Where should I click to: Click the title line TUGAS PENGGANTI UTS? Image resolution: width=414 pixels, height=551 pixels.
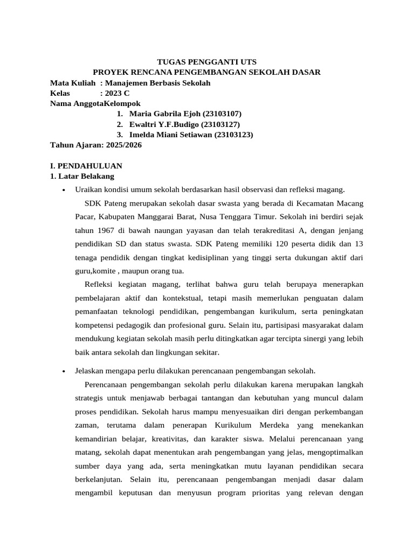206,62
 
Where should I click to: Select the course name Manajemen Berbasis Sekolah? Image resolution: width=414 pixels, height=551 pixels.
158,83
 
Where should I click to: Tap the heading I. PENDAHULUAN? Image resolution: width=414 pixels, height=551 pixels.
86,166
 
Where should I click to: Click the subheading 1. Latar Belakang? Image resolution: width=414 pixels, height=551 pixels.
82,176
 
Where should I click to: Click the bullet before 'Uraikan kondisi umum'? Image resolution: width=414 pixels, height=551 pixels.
64,190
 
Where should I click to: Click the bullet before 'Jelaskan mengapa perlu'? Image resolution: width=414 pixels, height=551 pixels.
64,371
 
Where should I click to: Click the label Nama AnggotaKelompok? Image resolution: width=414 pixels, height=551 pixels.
95,104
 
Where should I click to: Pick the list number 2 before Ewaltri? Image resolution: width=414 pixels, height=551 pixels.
119,124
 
